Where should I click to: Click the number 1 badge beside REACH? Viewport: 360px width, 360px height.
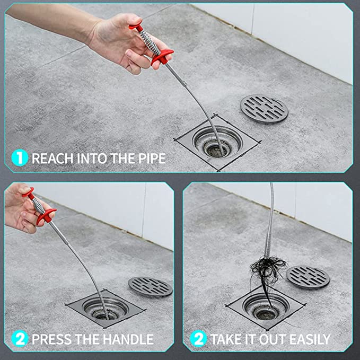tap(20, 158)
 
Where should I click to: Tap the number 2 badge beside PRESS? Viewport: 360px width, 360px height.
tap(20, 338)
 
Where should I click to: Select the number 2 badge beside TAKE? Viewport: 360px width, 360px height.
tap(198, 338)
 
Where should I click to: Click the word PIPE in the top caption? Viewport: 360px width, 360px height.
tap(152, 158)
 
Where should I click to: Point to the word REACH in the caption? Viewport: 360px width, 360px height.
tap(53, 158)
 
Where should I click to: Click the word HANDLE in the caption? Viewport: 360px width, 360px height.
tap(128, 339)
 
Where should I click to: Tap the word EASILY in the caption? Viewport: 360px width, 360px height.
tap(310, 339)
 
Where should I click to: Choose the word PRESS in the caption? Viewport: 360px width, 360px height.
tap(51, 339)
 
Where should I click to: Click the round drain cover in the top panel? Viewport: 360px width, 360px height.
tap(264, 109)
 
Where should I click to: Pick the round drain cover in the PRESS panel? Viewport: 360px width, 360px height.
tap(151, 287)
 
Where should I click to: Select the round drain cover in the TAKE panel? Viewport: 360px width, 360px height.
tap(308, 277)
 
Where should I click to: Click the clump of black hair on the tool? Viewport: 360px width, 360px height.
tap(267, 271)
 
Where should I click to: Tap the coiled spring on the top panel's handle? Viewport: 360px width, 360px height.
tap(150, 42)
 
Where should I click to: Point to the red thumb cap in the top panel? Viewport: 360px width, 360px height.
tap(136, 27)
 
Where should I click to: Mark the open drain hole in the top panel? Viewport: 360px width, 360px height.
tap(217, 149)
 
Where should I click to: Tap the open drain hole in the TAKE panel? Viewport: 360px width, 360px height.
tap(267, 314)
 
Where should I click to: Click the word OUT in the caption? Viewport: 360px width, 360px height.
tap(273, 339)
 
